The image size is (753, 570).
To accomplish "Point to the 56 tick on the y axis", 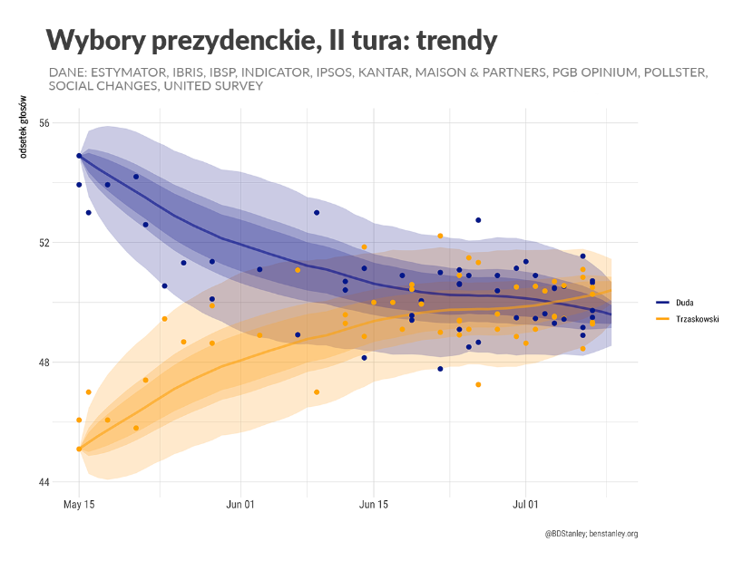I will point(44,123).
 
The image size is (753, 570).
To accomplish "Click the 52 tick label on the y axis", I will point(44,243).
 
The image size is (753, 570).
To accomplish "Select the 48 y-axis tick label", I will point(44,362).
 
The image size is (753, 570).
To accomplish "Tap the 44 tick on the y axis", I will point(44,482).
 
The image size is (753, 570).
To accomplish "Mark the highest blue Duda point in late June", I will point(478,220).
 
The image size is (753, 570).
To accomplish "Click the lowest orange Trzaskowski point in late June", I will point(478,384).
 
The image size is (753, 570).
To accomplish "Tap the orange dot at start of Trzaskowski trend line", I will point(79,449).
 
